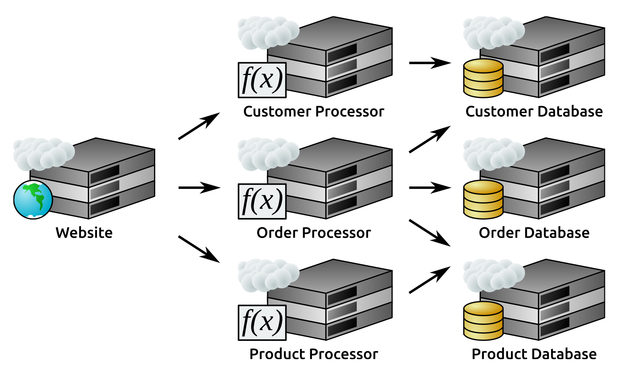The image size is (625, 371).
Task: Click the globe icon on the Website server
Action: coord(33,200)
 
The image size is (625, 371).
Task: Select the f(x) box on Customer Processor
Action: coord(262,80)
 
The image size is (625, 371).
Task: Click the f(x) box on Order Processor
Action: coord(262,201)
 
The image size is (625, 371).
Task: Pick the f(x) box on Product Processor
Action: coord(262,323)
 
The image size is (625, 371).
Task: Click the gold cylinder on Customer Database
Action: coord(483,78)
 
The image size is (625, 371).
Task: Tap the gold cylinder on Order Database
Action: coord(483,200)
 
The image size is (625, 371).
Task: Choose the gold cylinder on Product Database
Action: coord(483,321)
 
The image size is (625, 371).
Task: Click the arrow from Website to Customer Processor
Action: coord(199,126)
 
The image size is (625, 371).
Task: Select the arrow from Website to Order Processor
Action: coord(199,188)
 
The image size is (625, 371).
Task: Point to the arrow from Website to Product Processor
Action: coord(199,249)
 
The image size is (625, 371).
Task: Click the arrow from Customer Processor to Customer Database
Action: coord(430,63)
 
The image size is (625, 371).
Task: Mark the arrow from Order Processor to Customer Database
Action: coord(430,139)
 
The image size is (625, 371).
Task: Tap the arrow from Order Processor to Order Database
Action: coord(430,188)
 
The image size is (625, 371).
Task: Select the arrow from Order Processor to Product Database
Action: coord(430,233)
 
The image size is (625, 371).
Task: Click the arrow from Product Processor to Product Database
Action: coord(430,280)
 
